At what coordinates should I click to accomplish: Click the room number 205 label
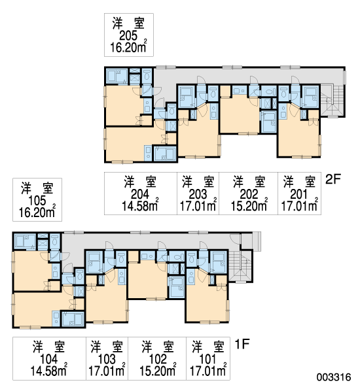click(128, 36)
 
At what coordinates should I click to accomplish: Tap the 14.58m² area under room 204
click(140, 206)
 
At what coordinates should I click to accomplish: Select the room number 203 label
click(198, 194)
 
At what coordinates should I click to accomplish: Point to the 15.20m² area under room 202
click(249, 206)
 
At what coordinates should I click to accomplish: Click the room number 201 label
click(299, 194)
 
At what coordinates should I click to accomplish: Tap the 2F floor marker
click(333, 179)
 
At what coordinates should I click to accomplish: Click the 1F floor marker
click(242, 345)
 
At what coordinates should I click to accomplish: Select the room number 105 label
click(37, 201)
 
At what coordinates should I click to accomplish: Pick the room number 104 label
click(49, 360)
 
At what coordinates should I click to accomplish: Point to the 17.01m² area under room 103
click(107, 371)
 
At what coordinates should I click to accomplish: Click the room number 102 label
click(158, 360)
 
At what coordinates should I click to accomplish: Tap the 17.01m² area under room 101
click(208, 371)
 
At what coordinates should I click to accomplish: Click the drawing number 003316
click(334, 377)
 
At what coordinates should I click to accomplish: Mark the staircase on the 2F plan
click(332, 101)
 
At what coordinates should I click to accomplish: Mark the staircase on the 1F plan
click(240, 267)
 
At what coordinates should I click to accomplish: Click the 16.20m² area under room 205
click(128, 47)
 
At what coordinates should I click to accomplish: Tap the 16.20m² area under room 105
click(37, 212)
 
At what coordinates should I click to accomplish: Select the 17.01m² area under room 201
click(299, 206)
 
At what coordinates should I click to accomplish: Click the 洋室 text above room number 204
click(140, 182)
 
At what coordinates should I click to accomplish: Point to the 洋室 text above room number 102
click(158, 347)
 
